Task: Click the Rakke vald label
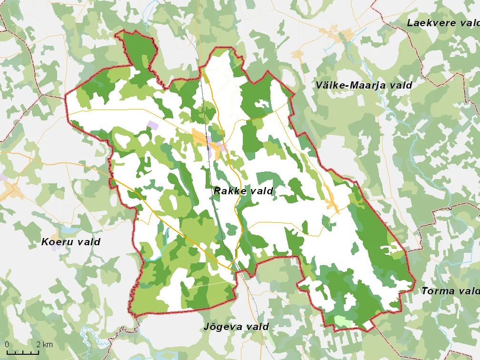(243, 191)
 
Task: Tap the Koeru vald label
(70, 242)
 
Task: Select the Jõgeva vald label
(236, 327)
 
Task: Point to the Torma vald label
(450, 290)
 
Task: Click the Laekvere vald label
(443, 22)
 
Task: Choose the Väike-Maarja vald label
(364, 85)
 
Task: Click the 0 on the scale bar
(6, 344)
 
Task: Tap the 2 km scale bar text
(44, 344)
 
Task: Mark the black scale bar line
(22, 353)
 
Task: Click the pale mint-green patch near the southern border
(344, 321)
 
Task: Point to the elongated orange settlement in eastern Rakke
(331, 198)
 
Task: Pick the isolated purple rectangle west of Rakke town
(152, 124)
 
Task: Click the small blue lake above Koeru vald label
(71, 229)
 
